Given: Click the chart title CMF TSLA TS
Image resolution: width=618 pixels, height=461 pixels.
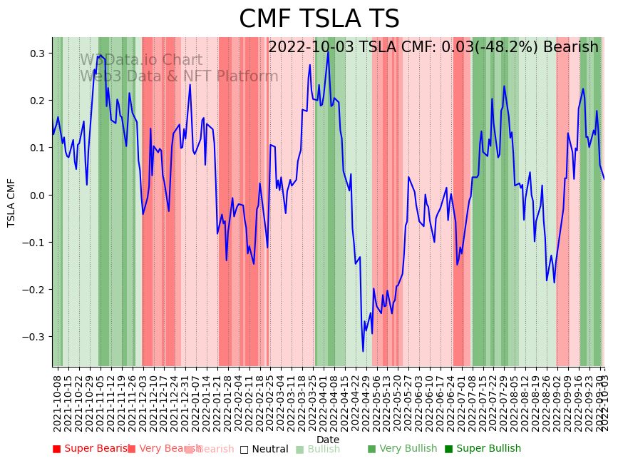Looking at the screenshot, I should coord(319,19).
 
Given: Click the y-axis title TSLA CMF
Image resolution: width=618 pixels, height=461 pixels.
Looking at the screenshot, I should coord(11,203).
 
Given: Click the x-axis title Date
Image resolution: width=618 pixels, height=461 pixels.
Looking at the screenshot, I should coord(328,440).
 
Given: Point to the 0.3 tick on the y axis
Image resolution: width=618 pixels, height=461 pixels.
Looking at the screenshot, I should coord(36,54).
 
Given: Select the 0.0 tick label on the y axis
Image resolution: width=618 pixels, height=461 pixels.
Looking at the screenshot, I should coord(36,195).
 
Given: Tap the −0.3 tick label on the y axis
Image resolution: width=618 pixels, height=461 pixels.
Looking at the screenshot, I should coord(34,337).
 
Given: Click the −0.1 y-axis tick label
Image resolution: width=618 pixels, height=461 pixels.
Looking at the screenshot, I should coord(34,243).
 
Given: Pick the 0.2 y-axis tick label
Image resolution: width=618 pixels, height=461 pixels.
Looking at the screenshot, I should coord(36,101).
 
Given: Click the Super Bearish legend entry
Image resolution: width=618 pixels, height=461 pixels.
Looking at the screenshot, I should coord(91,449).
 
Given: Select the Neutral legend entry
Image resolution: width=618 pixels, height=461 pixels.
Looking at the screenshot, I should coord(264,449).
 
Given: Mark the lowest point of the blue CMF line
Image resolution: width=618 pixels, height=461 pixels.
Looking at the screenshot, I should coord(363,351).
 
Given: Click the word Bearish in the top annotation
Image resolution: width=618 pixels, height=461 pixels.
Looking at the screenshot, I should coord(570,47).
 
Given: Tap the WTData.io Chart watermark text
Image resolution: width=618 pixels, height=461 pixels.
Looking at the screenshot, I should coord(141,61).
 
